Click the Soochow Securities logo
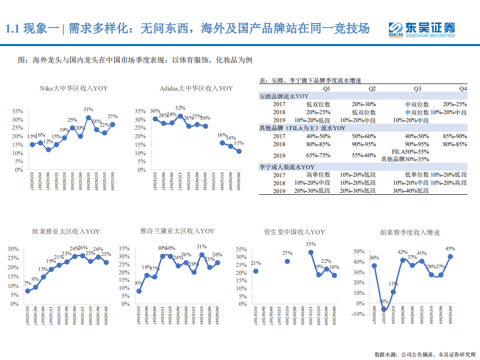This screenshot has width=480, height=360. click(422, 29)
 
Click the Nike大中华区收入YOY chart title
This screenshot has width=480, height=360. click(74, 88)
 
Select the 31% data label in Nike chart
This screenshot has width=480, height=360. click(89, 109)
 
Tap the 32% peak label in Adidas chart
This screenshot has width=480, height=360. click(180, 108)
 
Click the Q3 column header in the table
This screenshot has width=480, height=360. click(417, 89)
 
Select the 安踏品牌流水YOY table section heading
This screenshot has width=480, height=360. click(284, 96)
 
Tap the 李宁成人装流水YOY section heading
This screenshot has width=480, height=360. click(287, 167)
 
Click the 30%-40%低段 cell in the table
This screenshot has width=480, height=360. click(411, 191)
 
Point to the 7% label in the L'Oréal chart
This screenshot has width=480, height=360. click(28, 283)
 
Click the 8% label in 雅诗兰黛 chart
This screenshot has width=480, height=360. click(138, 283)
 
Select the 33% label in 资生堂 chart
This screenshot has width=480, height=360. click(311, 244)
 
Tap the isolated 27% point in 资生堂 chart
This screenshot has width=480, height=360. click(287, 261)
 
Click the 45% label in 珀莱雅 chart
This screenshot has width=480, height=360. click(450, 249)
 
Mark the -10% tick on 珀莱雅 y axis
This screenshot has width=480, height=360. click(357, 314)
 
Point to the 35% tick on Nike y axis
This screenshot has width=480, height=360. click(18, 111)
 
